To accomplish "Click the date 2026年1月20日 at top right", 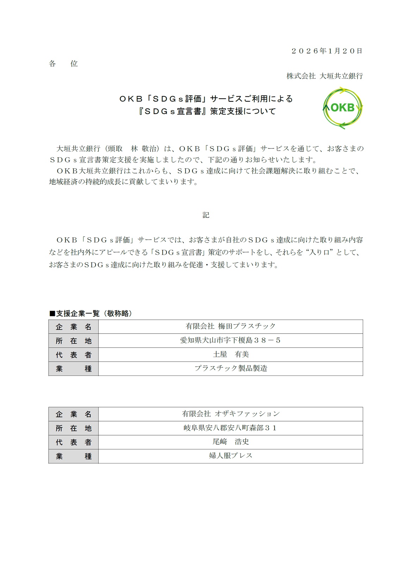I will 326,51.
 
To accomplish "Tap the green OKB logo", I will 342,108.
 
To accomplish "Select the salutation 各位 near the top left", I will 63,64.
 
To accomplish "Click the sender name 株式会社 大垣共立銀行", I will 324,76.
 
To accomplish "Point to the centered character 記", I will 206,215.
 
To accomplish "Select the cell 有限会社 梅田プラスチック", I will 231,326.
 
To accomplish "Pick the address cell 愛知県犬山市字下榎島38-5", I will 231,340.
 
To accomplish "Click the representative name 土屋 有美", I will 231,354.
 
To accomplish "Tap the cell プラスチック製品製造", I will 231,368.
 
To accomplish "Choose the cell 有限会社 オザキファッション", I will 231,414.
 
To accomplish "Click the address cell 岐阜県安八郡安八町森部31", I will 231,428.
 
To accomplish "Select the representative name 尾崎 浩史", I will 231,442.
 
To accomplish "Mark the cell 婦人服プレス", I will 231,456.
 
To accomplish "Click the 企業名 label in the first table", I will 74,327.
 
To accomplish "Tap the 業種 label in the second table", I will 74,456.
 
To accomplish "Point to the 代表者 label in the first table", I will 74,355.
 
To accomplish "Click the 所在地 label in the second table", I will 74,428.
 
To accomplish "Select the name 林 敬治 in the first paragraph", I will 144,148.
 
